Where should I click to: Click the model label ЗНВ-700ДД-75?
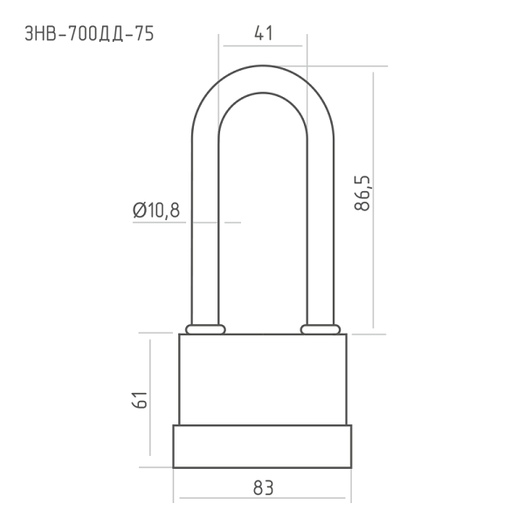[x=89, y=34]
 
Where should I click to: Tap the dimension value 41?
[x=264, y=33]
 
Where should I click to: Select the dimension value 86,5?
[x=362, y=193]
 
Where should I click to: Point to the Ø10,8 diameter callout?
[x=156, y=210]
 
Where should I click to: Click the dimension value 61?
[x=140, y=399]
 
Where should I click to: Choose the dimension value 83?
[x=264, y=487]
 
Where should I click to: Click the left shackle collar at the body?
[x=205, y=329]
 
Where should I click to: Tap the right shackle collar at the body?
[x=321, y=329]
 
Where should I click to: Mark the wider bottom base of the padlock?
[x=262, y=446]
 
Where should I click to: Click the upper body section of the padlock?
[x=263, y=379]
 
